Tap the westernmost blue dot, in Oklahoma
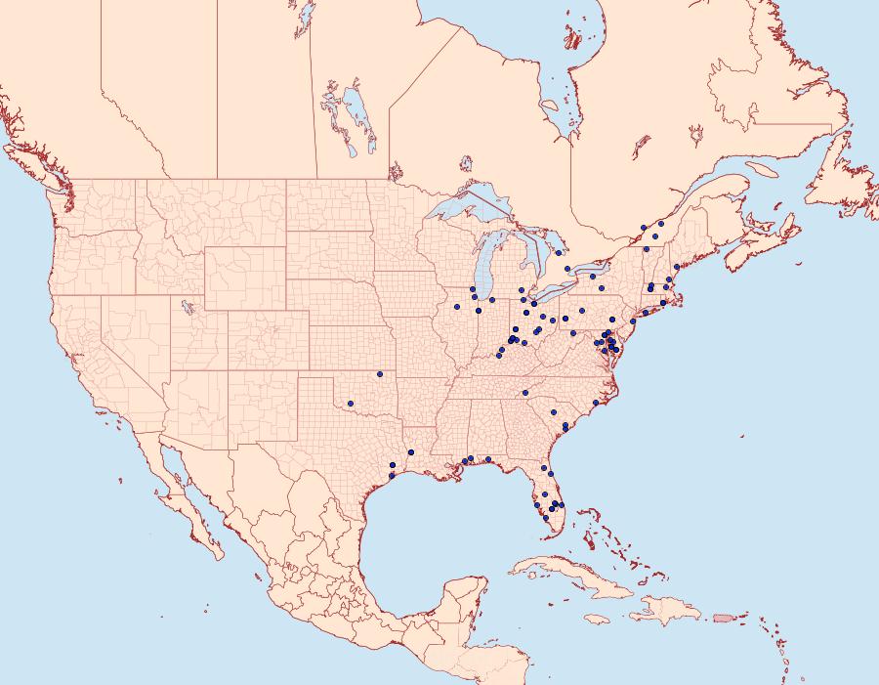coord(350,402)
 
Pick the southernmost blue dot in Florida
coord(545,518)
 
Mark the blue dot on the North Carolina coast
coord(596,403)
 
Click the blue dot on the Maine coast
coord(676,267)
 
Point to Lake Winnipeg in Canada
coord(357,112)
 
